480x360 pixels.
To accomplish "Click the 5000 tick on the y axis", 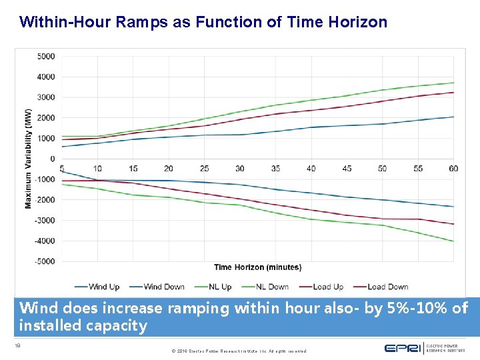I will coord(46,57).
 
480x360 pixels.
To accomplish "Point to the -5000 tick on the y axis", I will coord(45,261).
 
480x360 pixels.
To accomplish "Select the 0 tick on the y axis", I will coord(52,159).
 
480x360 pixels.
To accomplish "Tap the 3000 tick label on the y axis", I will coord(46,97).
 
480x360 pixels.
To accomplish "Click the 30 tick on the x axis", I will coord(240,169).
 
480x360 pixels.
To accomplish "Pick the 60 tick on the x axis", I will coord(453,169).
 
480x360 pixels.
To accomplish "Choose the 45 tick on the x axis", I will coord(347,169).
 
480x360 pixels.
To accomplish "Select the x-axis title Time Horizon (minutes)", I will coord(257,267).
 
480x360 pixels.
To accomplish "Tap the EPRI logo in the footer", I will coord(403,347).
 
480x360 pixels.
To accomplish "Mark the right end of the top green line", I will coord(453,83).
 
